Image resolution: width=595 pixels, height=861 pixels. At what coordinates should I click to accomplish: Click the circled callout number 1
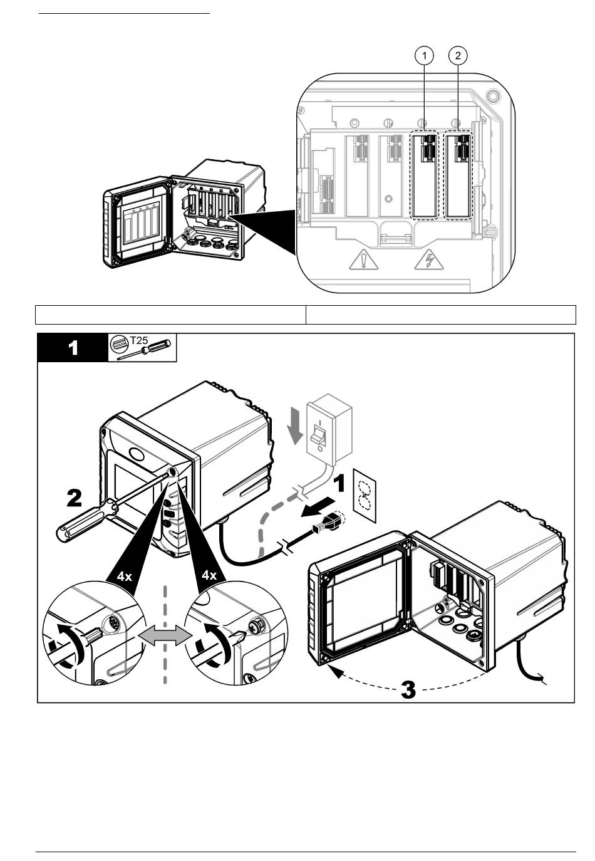coord(425,56)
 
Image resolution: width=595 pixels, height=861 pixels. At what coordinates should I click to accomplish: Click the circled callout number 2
coord(458,56)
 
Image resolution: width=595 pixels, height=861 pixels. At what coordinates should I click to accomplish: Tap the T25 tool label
coord(139,340)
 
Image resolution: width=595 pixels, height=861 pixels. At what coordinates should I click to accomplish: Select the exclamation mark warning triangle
coord(363,259)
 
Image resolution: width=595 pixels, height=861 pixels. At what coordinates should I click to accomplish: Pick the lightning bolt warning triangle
coord(429,259)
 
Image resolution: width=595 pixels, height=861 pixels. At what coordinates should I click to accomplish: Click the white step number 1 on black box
coord(73,348)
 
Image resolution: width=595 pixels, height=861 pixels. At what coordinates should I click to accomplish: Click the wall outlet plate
coord(365,496)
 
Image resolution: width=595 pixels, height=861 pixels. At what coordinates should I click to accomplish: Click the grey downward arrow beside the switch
coord(296,426)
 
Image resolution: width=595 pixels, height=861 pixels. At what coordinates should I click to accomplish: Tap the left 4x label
coord(125,577)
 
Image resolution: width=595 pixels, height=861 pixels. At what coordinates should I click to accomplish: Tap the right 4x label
coord(209,575)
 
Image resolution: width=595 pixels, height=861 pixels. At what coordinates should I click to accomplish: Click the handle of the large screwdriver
coord(88,521)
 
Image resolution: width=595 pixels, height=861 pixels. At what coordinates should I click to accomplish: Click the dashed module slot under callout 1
coord(424,175)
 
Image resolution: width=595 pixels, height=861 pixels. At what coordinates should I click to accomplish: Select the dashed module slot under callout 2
coord(458,175)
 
